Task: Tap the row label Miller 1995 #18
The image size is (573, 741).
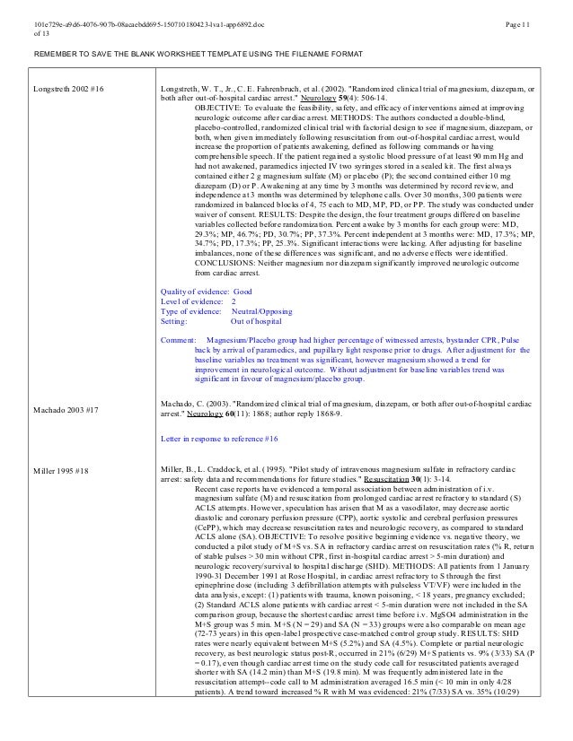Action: pos(60,469)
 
